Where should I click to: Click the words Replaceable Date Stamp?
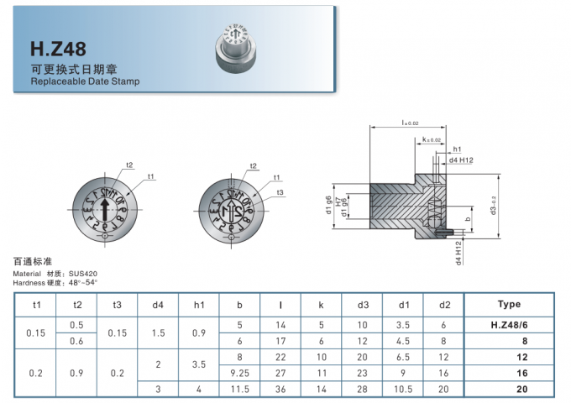click(x=85, y=82)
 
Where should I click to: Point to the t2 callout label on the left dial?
click(x=129, y=165)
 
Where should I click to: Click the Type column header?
click(x=509, y=304)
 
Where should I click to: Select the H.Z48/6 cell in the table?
click(x=509, y=325)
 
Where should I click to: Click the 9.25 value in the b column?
click(x=239, y=371)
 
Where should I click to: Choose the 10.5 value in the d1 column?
click(x=404, y=390)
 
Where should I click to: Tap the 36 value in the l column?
click(x=280, y=390)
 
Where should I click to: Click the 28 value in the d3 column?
click(x=363, y=390)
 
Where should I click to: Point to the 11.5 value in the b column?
click(x=239, y=390)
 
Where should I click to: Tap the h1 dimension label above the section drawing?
click(x=457, y=149)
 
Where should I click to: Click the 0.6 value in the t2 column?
click(x=77, y=341)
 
